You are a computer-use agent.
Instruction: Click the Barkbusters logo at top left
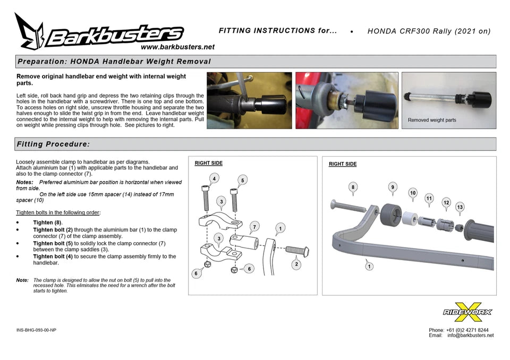[x=99, y=32]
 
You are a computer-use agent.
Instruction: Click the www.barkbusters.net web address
[x=177, y=47]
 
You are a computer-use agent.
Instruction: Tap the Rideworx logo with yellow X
[x=467, y=312]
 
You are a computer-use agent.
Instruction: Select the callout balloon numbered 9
[x=393, y=187]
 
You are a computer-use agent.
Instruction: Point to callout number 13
[x=460, y=207]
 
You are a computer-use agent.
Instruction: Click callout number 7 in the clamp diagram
[x=254, y=227]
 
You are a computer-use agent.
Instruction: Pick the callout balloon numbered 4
[x=214, y=178]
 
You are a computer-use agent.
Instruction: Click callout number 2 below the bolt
[x=296, y=264]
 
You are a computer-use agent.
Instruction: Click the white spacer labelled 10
[x=410, y=218]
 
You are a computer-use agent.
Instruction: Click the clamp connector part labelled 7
[x=244, y=243]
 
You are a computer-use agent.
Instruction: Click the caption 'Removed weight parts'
[x=432, y=120]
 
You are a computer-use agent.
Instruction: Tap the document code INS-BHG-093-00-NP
[x=36, y=330]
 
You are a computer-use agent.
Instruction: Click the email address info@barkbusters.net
[x=470, y=335]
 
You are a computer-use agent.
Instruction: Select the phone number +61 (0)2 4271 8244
[x=467, y=330]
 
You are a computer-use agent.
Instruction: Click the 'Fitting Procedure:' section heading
[x=53, y=144]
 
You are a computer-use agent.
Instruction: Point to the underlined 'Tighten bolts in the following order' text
[x=57, y=213]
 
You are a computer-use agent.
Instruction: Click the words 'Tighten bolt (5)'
[x=53, y=243]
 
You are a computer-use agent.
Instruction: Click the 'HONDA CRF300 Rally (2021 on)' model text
[x=429, y=31]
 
